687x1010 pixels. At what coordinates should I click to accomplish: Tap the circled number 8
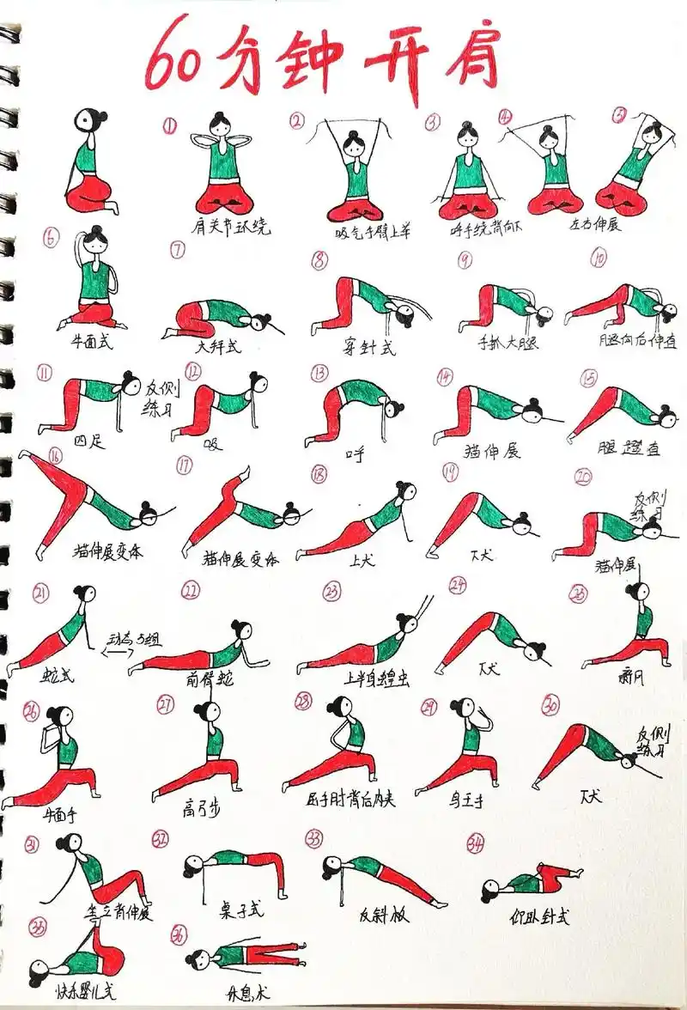[319, 260]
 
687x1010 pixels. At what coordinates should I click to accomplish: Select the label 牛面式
[92, 341]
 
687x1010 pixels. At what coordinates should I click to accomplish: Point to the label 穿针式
[368, 349]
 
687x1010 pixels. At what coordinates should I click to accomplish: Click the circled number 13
[320, 373]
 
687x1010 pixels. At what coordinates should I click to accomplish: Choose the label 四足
[87, 441]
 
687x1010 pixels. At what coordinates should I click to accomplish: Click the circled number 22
[191, 589]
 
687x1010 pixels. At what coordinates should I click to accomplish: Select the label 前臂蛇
[209, 679]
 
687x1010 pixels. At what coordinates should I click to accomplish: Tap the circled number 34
[474, 843]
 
